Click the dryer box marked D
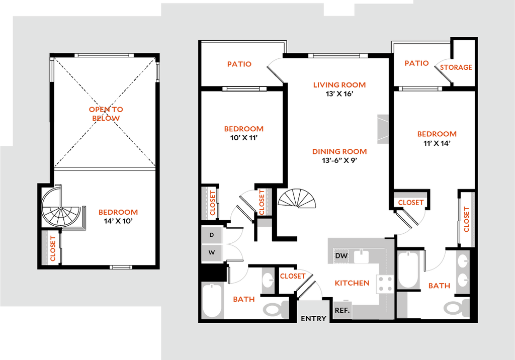click(212, 235)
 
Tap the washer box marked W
click(212, 252)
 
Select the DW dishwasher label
click(341, 256)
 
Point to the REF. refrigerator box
click(342, 310)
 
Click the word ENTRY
click(313, 318)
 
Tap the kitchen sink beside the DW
click(361, 256)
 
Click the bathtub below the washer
click(212, 300)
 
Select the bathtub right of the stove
click(408, 270)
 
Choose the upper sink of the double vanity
click(463, 260)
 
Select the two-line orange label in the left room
click(106, 114)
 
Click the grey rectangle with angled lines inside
click(382, 129)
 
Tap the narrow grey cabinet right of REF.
click(403, 305)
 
